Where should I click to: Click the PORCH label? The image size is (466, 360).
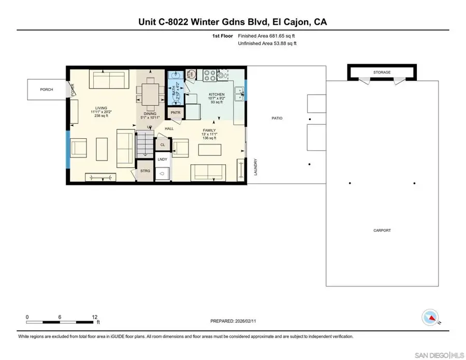(x=47, y=90)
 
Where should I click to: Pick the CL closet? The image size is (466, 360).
(x=163, y=145)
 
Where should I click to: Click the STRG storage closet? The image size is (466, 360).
(x=145, y=170)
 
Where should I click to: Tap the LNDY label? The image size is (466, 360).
(x=162, y=160)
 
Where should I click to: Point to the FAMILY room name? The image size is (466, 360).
(x=209, y=131)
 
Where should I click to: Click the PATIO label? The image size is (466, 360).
(x=277, y=118)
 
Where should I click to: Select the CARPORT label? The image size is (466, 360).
(x=382, y=231)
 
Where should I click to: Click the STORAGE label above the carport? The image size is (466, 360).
(x=382, y=73)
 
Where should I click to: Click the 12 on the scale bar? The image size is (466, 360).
(x=95, y=316)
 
